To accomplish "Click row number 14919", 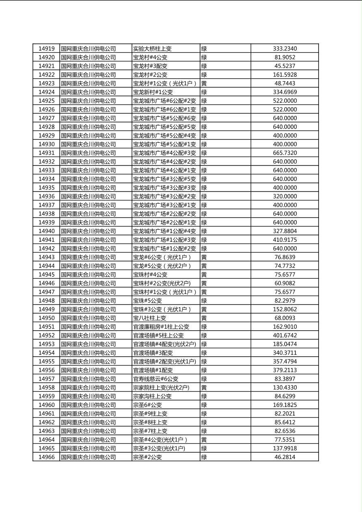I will (46, 49).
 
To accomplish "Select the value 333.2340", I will (284, 49).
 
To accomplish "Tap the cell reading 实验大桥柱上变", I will (152, 49).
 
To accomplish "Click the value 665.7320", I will (284, 153).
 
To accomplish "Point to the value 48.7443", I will (284, 84).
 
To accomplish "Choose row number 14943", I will (46, 257).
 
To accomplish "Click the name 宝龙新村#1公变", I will (153, 92).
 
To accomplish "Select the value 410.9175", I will (284, 240).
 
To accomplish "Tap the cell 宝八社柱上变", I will (149, 318).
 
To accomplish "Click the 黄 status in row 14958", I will (204, 387).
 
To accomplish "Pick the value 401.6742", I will (284, 336).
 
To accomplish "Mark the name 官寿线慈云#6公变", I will (155, 379).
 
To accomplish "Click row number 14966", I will (46, 457).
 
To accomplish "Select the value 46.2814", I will (284, 457).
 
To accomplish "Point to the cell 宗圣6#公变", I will (147, 405).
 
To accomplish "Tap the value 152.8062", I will (284, 309).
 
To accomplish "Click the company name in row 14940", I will (88, 231).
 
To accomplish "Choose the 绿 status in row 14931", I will (204, 153).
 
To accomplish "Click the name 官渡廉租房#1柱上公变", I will (161, 327).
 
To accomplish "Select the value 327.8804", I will (284, 231).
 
